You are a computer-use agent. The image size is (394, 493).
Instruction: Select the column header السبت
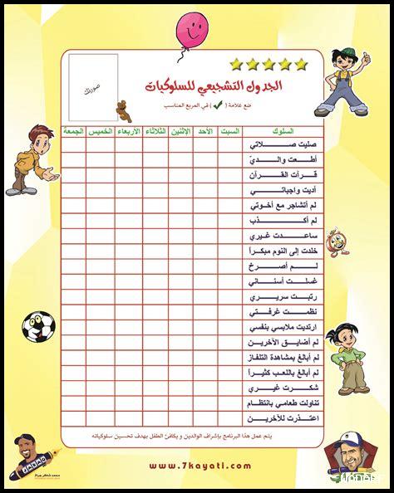[x=229, y=132]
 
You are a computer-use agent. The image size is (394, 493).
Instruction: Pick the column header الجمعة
[x=74, y=132]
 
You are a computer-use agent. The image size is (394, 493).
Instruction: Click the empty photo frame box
[x=93, y=86]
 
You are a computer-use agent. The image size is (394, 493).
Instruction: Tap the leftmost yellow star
[x=235, y=63]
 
